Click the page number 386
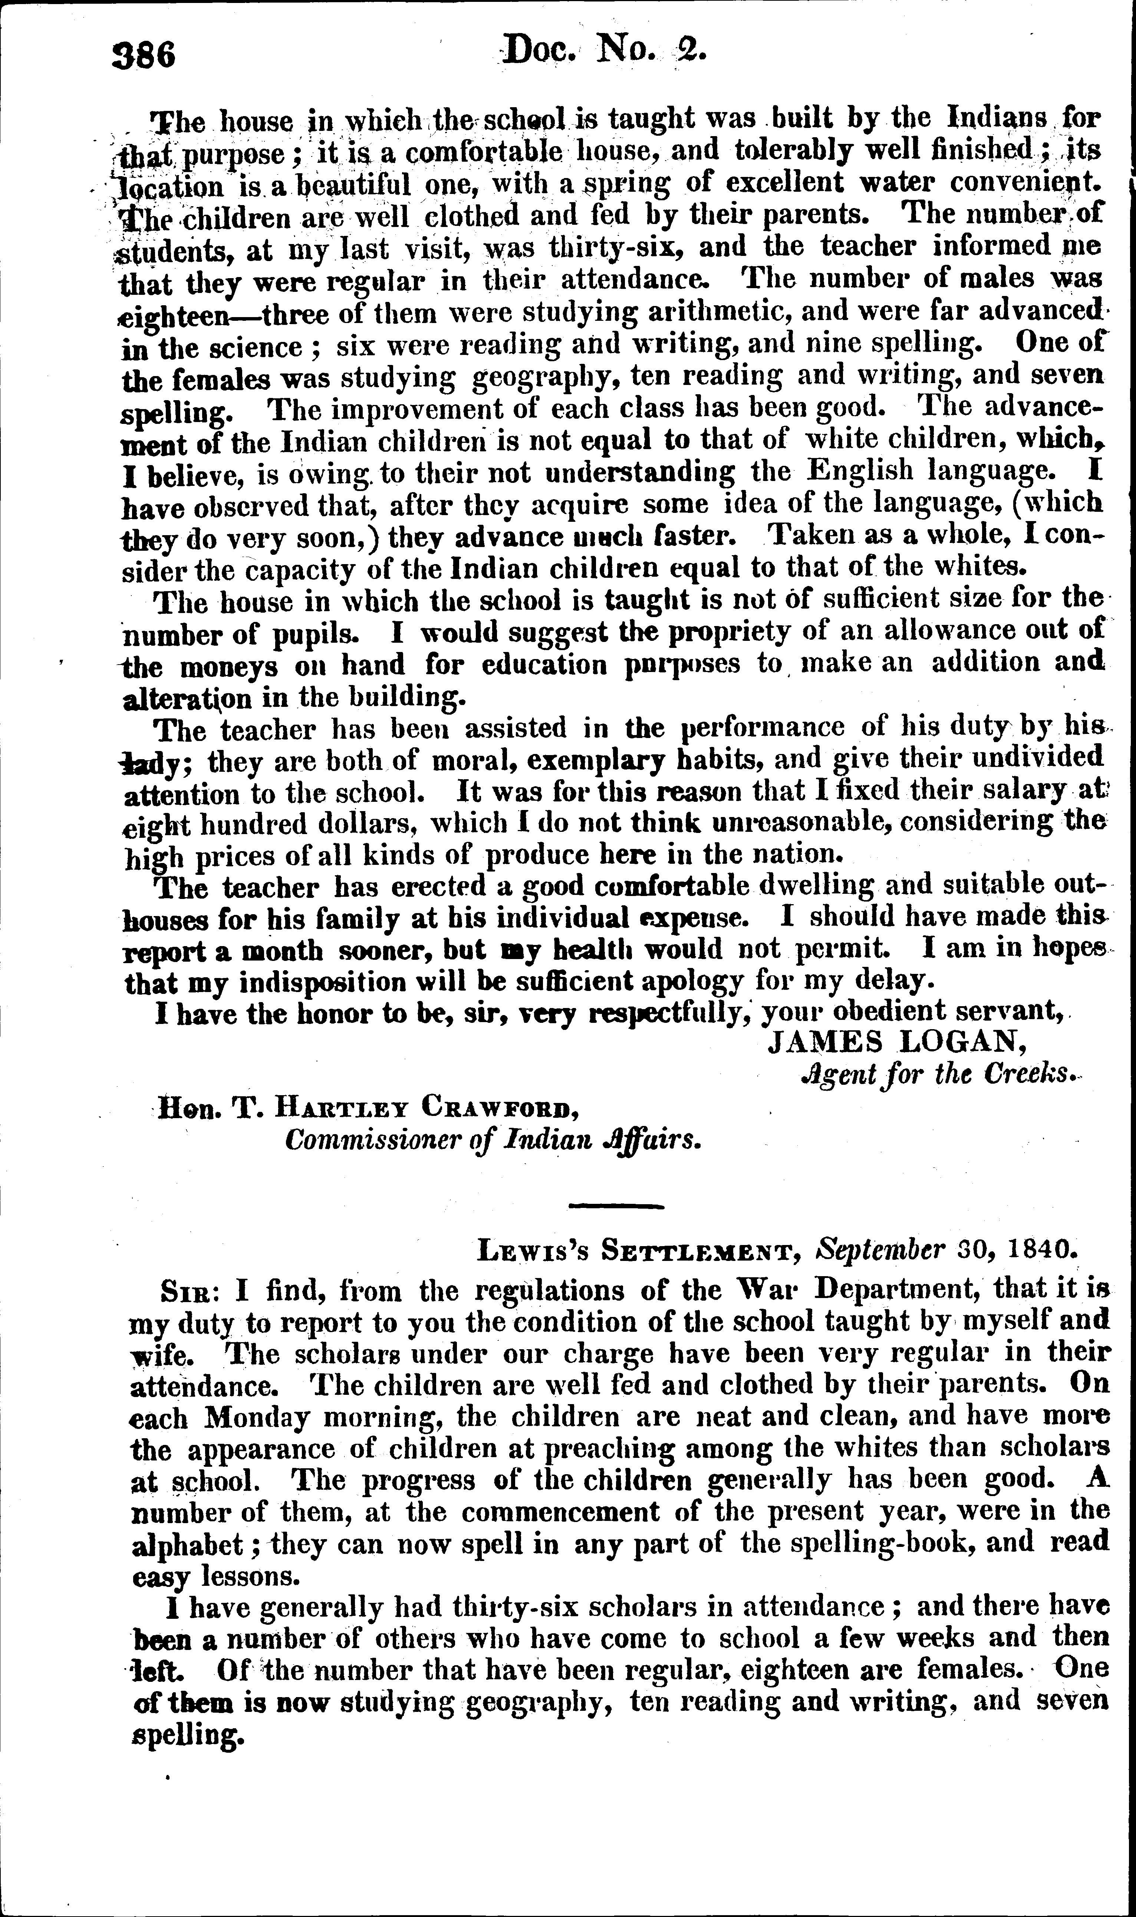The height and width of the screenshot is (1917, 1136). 144,55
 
